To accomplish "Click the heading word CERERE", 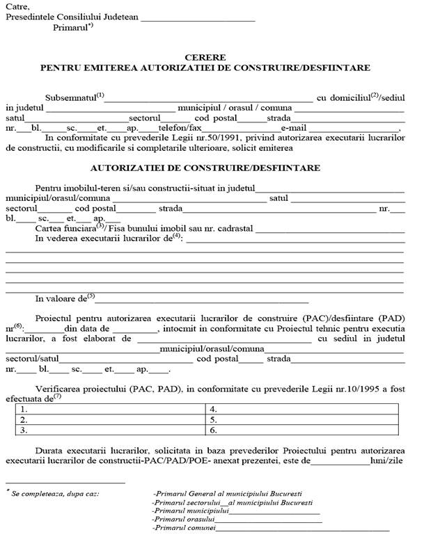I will [x=205, y=57].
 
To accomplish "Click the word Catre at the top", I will [x=18, y=7].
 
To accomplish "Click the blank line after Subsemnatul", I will [x=209, y=99].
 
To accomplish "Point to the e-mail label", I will [x=294, y=128].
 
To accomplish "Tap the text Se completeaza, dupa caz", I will [x=55, y=494].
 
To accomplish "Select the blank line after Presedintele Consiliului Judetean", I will [x=198, y=18].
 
